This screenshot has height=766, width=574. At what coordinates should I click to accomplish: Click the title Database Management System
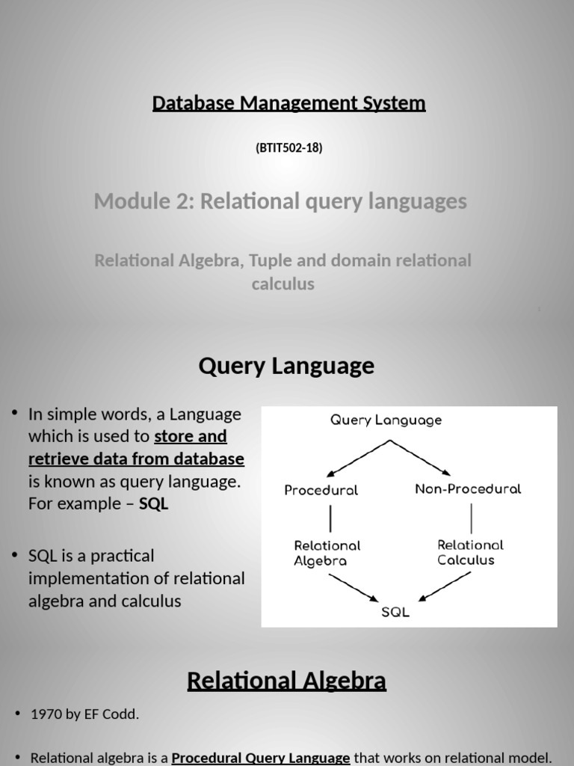click(x=288, y=103)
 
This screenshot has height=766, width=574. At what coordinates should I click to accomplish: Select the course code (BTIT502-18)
click(x=288, y=147)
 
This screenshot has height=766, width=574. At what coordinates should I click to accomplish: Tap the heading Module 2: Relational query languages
click(x=280, y=201)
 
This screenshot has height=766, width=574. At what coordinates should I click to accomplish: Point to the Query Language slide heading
click(x=286, y=367)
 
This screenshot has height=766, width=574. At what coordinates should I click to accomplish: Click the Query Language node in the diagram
click(x=386, y=420)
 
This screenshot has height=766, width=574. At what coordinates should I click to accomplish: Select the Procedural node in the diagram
click(x=321, y=491)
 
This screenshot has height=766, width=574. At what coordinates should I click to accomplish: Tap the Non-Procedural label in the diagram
click(x=468, y=489)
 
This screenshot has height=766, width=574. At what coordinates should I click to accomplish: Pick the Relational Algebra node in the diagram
click(x=327, y=553)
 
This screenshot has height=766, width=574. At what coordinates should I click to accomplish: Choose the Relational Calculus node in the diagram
click(x=470, y=552)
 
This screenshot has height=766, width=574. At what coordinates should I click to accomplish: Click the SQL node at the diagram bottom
click(x=395, y=612)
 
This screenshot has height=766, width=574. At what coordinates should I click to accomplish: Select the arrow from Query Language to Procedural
click(x=357, y=458)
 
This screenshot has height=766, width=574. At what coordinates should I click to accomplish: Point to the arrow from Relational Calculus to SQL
click(x=445, y=586)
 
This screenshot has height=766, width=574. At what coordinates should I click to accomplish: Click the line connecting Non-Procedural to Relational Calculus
click(x=471, y=518)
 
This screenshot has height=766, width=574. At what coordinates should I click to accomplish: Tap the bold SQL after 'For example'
click(x=154, y=504)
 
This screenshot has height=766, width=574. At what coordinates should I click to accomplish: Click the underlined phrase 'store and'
click(x=191, y=437)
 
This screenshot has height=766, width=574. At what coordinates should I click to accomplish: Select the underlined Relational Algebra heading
click(x=286, y=681)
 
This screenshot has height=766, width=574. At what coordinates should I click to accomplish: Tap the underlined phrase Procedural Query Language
click(x=261, y=758)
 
